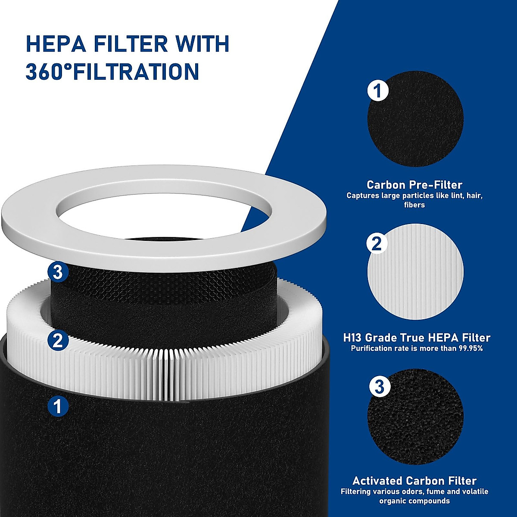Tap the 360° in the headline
48,72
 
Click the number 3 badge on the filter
58,272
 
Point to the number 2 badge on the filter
58,341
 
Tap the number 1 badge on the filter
58,406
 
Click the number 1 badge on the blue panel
378,91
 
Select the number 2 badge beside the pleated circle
377,244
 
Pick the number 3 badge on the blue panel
380,386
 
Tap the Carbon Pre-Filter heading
414,185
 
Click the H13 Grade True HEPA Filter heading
417,337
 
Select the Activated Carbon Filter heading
414,480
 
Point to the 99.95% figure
466,348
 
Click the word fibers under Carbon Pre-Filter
414,205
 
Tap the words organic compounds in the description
414,501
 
